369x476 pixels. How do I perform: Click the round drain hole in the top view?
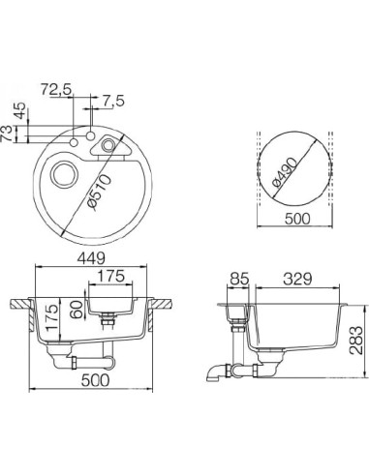click(x=63, y=175)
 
